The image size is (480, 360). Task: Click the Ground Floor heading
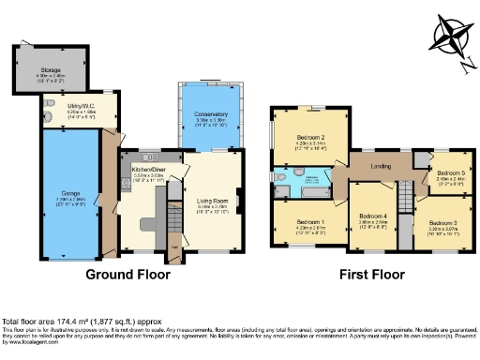coord(128,276)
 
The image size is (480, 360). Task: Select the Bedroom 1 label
coord(302,217)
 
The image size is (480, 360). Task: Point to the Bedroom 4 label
coord(372,216)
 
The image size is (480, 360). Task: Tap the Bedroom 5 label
coord(450,173)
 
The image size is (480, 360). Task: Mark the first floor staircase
coord(405,198)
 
